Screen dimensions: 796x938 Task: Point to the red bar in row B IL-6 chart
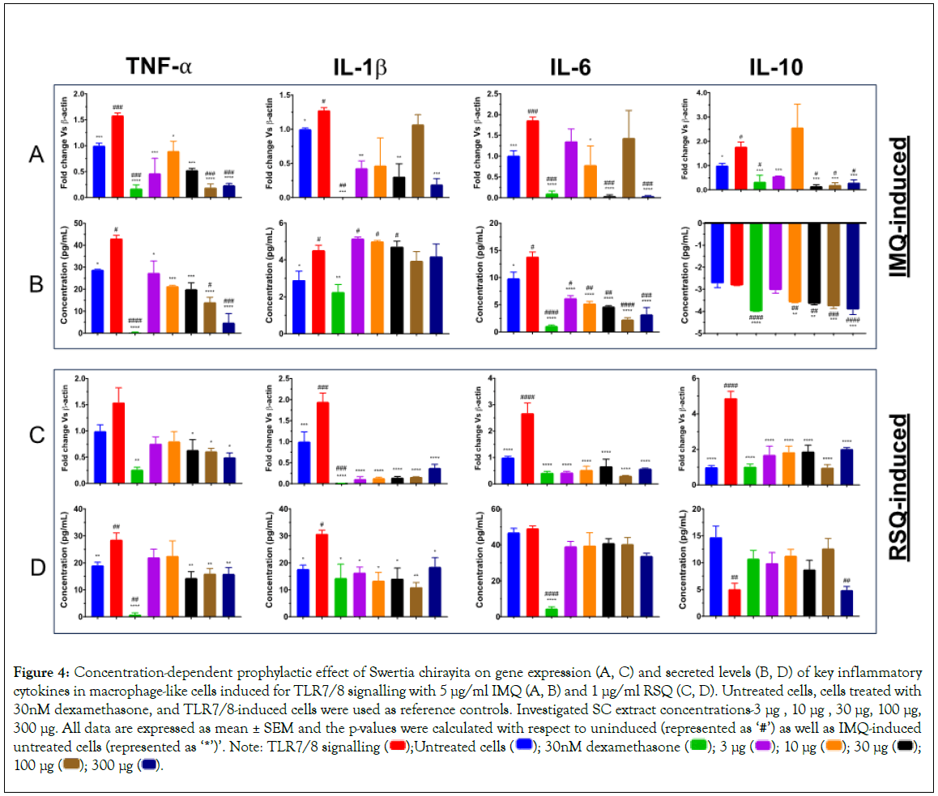(532, 294)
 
